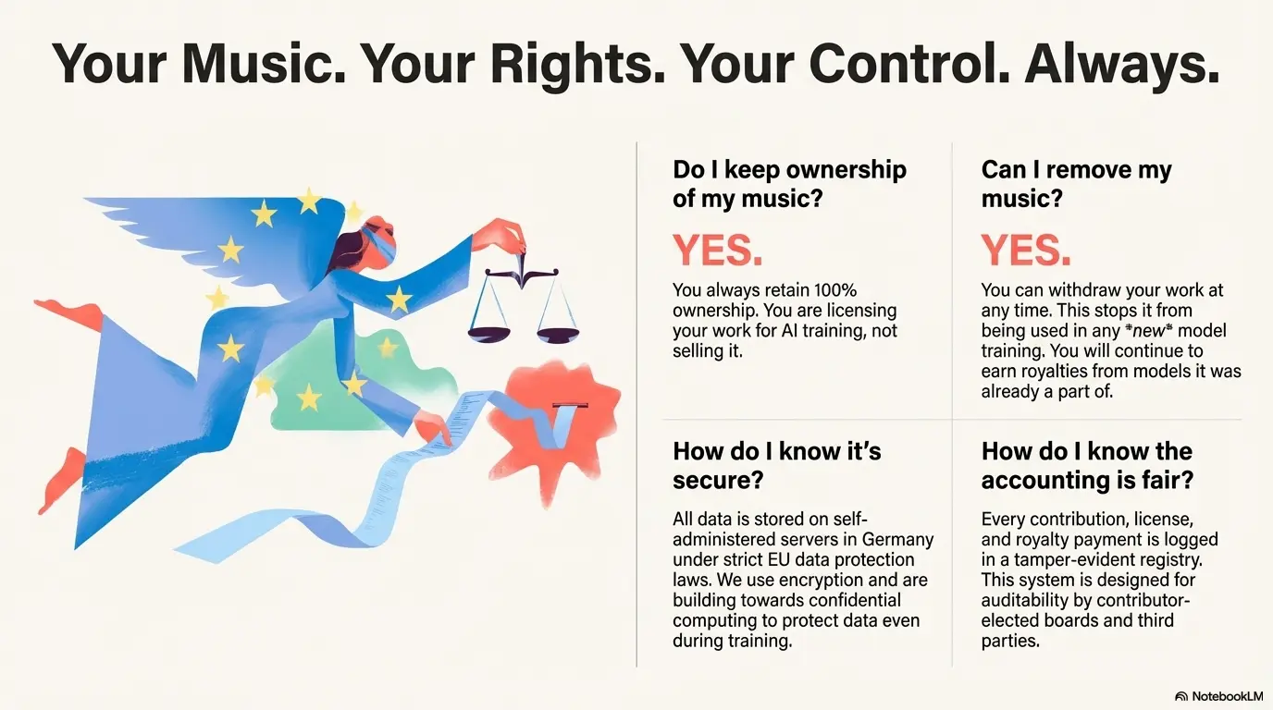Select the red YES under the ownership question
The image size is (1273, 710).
pos(717,251)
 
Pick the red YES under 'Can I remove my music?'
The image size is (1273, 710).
pos(1026,251)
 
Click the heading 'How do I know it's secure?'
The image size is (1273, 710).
pos(777,466)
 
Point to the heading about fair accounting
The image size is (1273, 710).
pos(1087,466)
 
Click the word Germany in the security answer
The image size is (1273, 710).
pos(898,539)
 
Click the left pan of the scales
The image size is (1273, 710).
pos(488,334)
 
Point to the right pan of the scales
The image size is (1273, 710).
pos(558,335)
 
